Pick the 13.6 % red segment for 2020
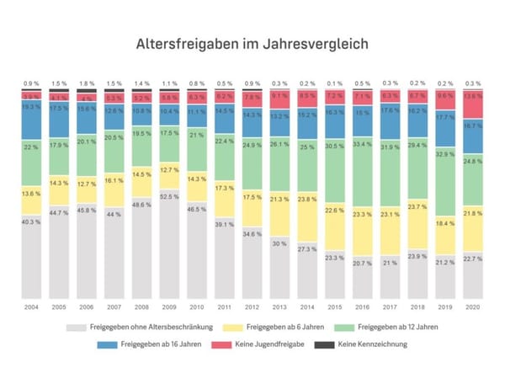pyautogui.click(x=473, y=97)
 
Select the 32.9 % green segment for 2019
pyautogui.click(x=445, y=154)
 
